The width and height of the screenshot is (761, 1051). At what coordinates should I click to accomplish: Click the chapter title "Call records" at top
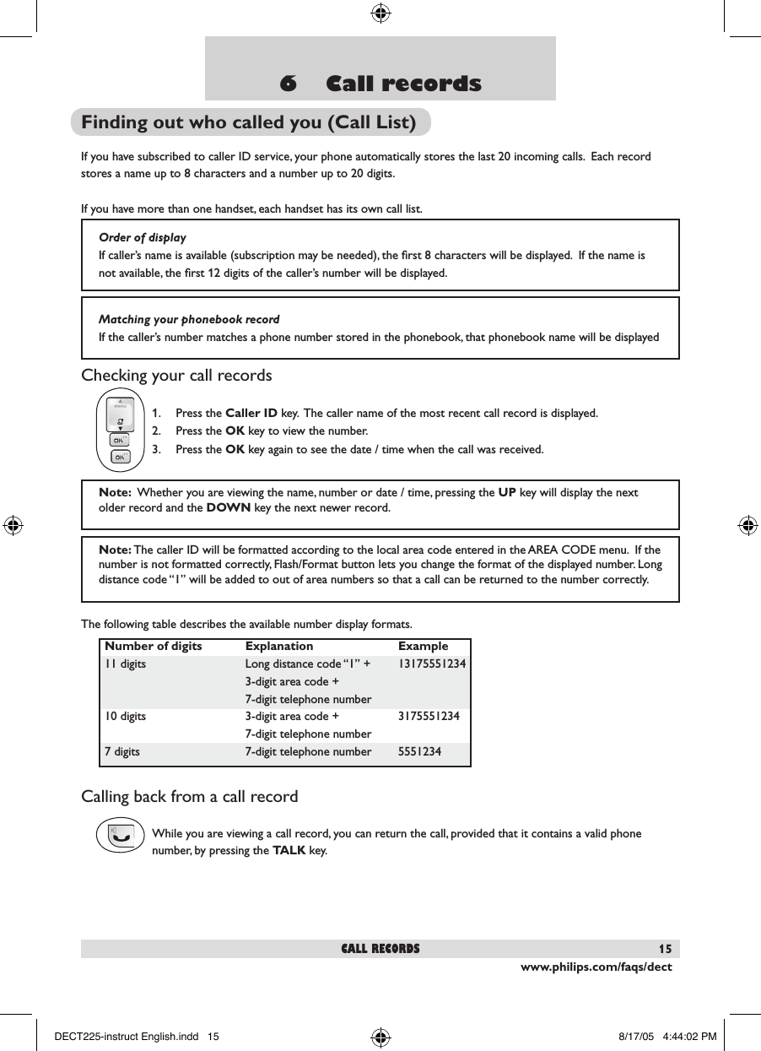(380, 84)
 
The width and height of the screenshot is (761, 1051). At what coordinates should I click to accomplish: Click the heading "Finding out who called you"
(249, 122)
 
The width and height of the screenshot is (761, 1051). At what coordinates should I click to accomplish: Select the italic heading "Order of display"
(143, 237)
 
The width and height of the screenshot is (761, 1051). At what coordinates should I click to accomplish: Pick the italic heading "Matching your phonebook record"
(189, 319)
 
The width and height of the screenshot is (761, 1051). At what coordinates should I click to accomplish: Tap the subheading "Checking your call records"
(176, 375)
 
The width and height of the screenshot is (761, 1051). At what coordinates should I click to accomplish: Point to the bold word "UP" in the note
(508, 492)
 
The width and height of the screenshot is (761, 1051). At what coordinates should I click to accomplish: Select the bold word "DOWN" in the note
(228, 508)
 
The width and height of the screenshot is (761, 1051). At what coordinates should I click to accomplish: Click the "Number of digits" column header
(153, 646)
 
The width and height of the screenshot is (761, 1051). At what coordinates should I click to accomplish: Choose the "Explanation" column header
(279, 646)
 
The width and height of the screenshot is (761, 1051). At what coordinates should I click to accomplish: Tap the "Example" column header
(424, 646)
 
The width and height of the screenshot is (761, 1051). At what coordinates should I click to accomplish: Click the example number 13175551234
(432, 664)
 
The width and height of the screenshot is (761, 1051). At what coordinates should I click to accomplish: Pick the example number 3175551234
(429, 717)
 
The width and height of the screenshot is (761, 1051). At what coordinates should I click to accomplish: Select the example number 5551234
(419, 751)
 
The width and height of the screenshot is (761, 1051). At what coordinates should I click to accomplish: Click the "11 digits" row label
(125, 664)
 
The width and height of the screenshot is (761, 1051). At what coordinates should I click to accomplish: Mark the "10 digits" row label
(125, 717)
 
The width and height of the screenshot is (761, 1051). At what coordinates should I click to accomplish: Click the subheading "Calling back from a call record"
(189, 797)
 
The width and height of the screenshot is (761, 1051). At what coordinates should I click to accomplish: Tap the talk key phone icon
(121, 835)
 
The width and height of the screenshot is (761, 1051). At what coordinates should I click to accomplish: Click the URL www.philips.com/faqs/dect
(596, 967)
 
